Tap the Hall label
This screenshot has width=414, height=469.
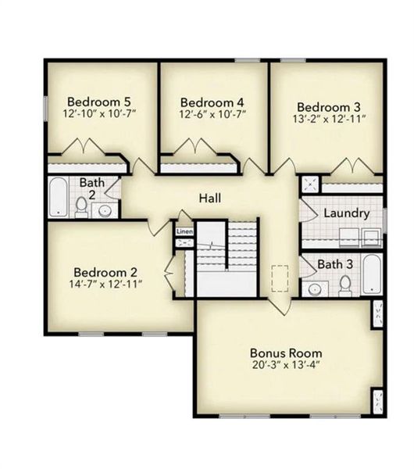(x=209, y=199)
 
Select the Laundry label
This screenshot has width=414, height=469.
(x=346, y=213)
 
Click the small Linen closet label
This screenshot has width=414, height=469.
(x=184, y=232)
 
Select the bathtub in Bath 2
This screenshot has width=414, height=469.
(x=58, y=199)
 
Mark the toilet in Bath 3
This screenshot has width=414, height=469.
(x=344, y=287)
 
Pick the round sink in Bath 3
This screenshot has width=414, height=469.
(x=315, y=289)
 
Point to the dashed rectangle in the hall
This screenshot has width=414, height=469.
(x=279, y=279)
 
